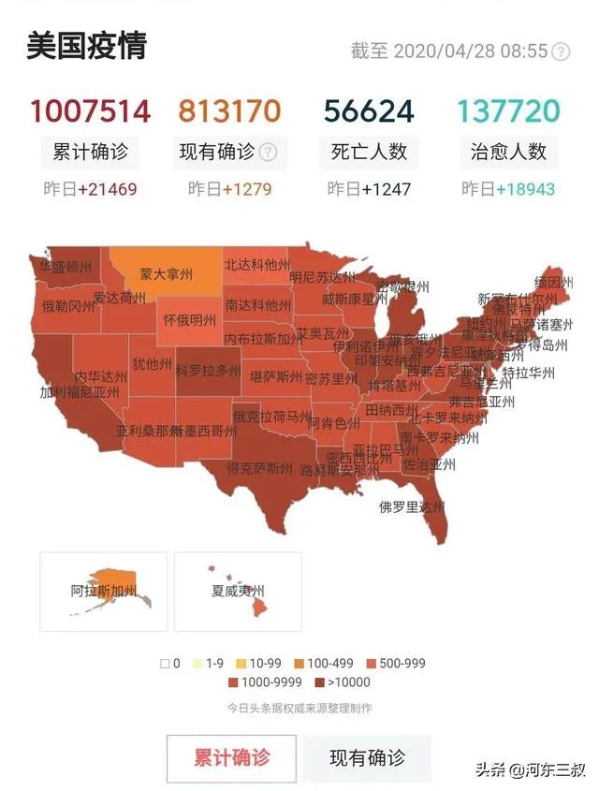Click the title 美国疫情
(86, 46)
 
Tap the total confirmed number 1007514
(89, 111)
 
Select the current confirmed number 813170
(229, 111)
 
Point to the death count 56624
(369, 111)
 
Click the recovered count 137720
(509, 111)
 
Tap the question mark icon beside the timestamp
(561, 51)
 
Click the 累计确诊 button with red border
(231, 758)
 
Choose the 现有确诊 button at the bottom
(367, 758)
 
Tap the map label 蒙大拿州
(167, 274)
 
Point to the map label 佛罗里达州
(412, 507)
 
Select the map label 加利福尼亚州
(80, 392)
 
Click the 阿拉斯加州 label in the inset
(104, 592)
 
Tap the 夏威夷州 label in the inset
(238, 592)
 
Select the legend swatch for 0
(165, 664)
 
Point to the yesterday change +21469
(107, 189)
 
